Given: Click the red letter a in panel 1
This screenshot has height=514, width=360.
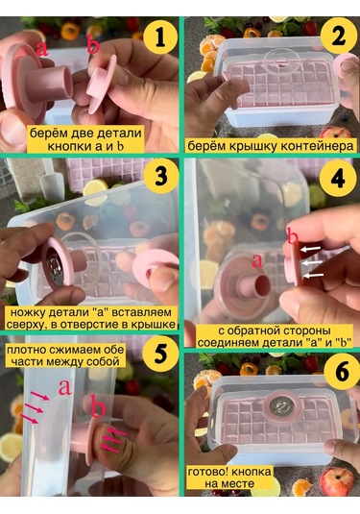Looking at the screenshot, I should click(42, 46).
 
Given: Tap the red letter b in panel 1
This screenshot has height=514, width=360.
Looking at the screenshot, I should click(93, 43).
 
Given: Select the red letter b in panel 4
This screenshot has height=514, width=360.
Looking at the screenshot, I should click(292, 234).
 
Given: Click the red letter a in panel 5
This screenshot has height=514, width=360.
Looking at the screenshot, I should click(64, 387).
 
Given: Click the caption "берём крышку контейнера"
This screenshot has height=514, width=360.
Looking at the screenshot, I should click(271, 146).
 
